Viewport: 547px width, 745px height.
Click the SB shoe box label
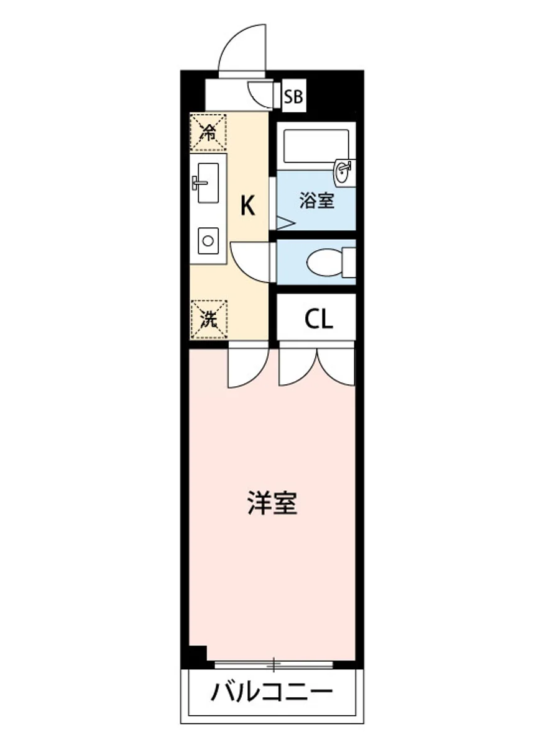tap(293, 97)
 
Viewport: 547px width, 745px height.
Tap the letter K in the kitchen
tap(247, 205)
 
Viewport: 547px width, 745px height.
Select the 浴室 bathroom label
tap(317, 201)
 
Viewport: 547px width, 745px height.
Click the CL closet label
tap(319, 319)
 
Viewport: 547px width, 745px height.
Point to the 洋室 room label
tap(272, 503)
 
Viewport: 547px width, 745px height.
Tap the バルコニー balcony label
tap(272, 691)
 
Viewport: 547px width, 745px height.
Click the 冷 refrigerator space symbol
tap(208, 132)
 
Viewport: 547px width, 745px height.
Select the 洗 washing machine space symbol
tap(209, 319)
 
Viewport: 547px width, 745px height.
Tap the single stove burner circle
tap(208, 239)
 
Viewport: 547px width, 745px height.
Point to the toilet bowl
tap(323, 262)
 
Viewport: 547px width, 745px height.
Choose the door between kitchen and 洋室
tap(247, 366)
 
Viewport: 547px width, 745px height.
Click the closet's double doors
tap(317, 366)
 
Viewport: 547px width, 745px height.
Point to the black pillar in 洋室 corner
tap(198, 654)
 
